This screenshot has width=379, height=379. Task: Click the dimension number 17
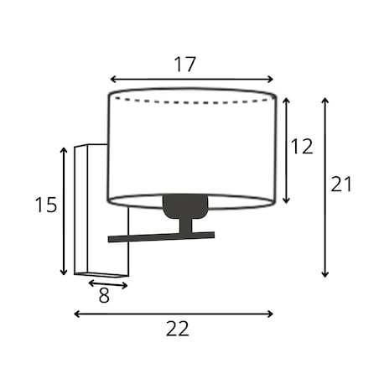[x=185, y=65]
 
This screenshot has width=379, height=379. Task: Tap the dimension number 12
[x=302, y=147]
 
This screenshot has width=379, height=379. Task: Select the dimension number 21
[x=341, y=184]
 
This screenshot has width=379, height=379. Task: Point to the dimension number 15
[x=46, y=205]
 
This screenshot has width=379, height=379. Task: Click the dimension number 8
[x=104, y=295]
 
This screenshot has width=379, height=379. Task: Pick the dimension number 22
[x=178, y=329]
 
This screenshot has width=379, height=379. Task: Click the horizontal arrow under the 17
[x=192, y=80]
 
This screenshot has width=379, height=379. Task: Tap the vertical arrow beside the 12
[x=286, y=150]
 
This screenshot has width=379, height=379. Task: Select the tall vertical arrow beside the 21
[x=324, y=187]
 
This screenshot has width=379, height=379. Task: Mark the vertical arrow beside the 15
[x=64, y=211]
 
